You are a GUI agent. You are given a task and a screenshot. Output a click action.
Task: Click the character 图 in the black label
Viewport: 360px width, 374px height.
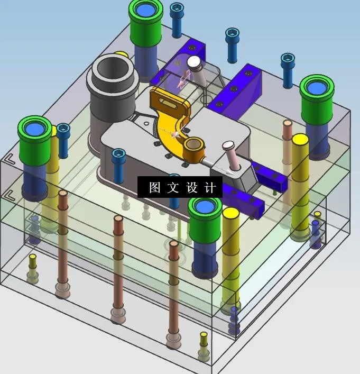pos(154,188)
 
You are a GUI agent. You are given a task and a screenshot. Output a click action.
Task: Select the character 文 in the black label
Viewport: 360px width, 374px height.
pos(173,188)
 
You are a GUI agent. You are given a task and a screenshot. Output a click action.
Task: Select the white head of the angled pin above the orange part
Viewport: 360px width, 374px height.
pos(195,62)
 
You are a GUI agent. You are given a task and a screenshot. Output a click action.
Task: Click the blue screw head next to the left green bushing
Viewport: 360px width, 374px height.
pos(63,129)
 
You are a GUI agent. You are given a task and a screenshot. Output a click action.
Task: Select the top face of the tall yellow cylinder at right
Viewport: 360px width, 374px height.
pos(300,140)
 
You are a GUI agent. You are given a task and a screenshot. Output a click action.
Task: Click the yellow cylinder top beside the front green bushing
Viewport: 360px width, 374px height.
pos(231,213)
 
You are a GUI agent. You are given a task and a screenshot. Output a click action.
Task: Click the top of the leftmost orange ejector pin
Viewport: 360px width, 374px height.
pos(63,194)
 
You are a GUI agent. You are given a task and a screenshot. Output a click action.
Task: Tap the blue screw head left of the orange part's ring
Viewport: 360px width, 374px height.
pos(118,154)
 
